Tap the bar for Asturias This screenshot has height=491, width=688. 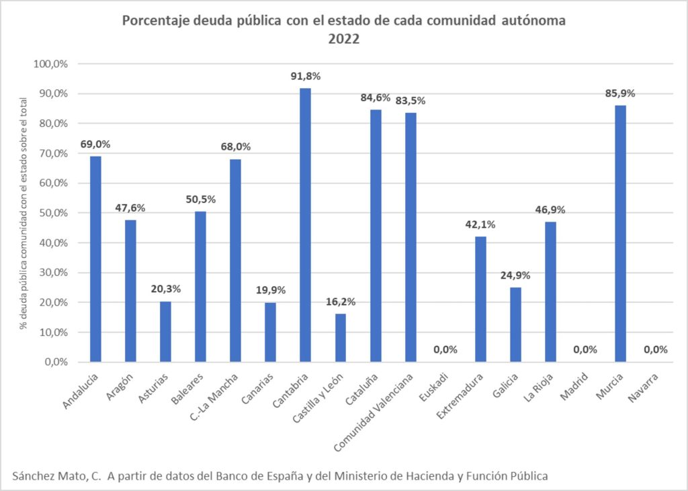click(x=165, y=332)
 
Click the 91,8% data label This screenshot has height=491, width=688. click(x=305, y=77)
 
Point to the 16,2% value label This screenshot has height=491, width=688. click(x=340, y=302)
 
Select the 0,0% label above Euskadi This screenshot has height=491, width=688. click(x=445, y=349)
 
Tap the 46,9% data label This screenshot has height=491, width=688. click(x=550, y=210)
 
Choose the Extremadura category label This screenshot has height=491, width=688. click(x=461, y=399)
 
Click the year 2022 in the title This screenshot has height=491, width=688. click(x=344, y=40)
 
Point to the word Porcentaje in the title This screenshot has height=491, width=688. click(x=152, y=21)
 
